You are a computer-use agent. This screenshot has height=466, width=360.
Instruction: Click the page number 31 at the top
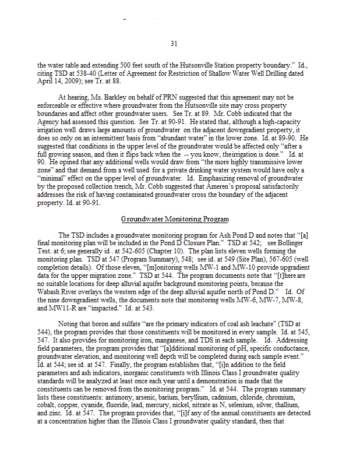click(174, 43)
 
